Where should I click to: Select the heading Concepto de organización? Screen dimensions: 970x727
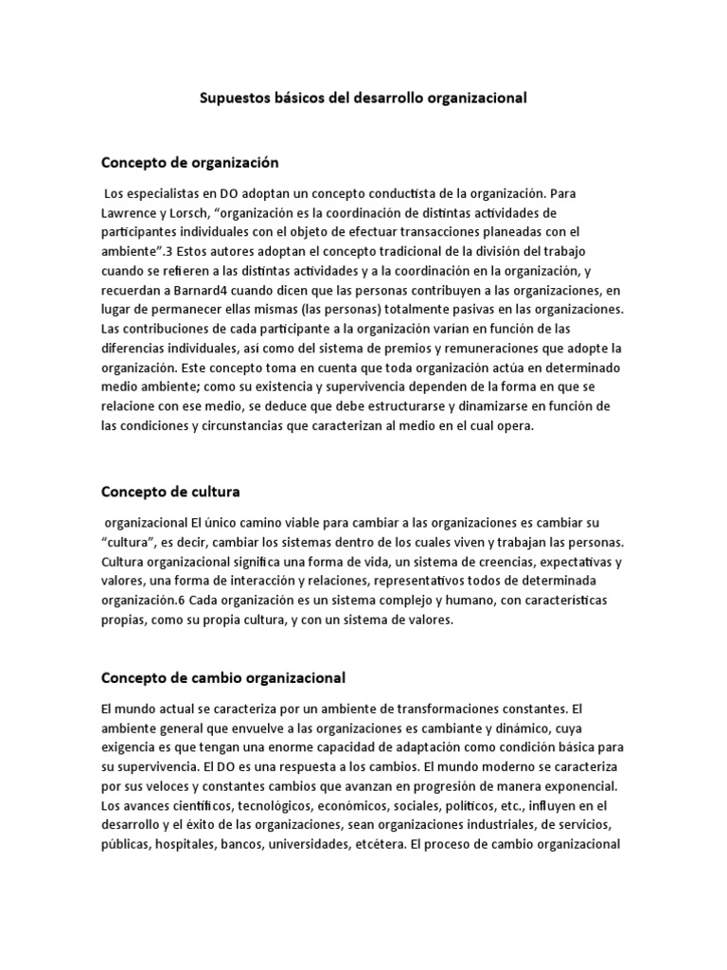click(190, 162)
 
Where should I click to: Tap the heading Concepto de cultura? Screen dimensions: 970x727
click(170, 492)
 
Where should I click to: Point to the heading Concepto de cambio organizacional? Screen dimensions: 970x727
click(223, 677)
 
